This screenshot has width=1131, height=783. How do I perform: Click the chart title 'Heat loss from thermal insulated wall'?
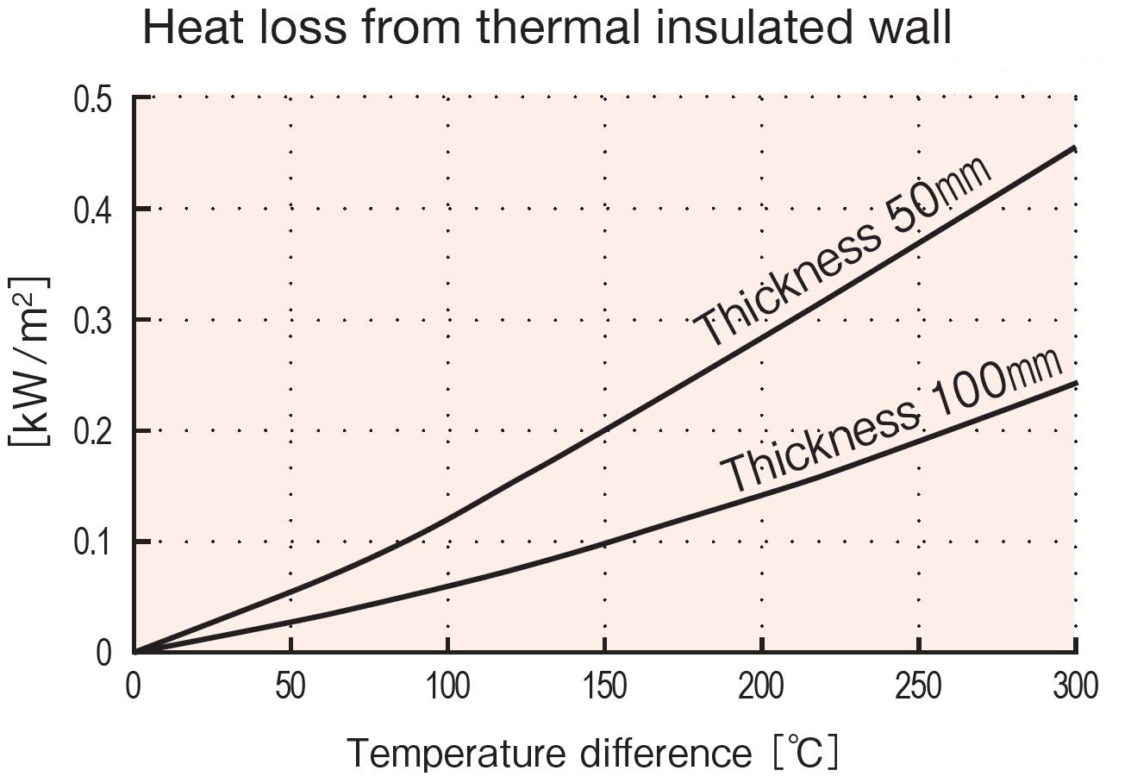pos(547,29)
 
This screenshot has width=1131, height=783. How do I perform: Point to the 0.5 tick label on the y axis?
pos(93,100)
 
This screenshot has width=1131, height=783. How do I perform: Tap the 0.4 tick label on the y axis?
pos(93,210)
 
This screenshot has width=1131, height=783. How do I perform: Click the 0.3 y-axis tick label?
pos(93,321)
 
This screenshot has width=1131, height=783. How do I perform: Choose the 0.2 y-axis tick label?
pos(93,431)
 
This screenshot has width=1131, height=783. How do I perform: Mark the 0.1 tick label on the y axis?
pos(93,542)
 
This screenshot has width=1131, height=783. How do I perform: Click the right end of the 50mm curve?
pos(1075,148)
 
